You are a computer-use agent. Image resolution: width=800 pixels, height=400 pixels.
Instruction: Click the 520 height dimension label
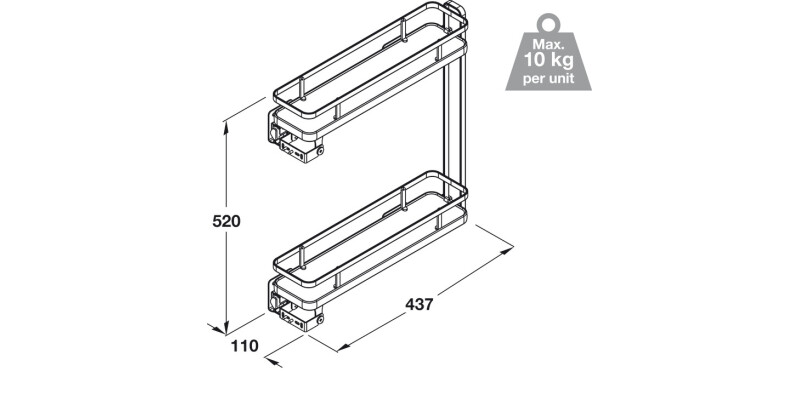227,222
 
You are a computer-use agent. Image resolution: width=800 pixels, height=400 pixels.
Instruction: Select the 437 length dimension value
419,304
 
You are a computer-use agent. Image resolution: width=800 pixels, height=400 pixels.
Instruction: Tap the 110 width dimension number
244,346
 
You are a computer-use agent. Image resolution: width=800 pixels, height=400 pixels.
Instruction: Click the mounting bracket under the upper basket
298,140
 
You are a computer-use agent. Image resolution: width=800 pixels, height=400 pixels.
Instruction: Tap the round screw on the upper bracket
321,153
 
